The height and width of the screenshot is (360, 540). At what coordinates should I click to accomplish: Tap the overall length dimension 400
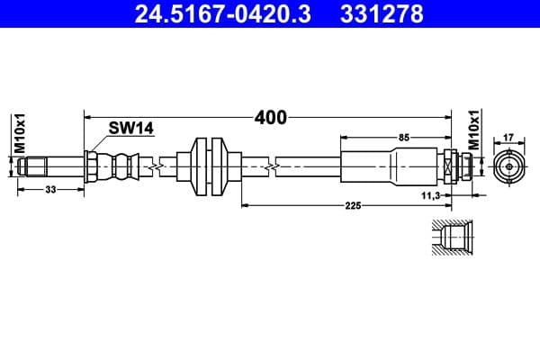click(x=270, y=118)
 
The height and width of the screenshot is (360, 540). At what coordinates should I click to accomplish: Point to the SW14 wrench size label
click(x=130, y=128)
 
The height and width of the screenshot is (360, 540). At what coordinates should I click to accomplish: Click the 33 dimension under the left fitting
click(x=49, y=190)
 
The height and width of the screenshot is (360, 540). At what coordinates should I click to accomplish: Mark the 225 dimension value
click(x=352, y=206)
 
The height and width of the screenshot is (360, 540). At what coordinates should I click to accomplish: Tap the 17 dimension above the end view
click(x=508, y=137)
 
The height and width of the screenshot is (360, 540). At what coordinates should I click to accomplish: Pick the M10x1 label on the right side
click(x=473, y=130)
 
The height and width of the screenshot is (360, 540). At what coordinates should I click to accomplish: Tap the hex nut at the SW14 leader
click(x=92, y=166)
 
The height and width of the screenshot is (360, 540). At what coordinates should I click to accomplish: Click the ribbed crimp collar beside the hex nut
click(x=121, y=166)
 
